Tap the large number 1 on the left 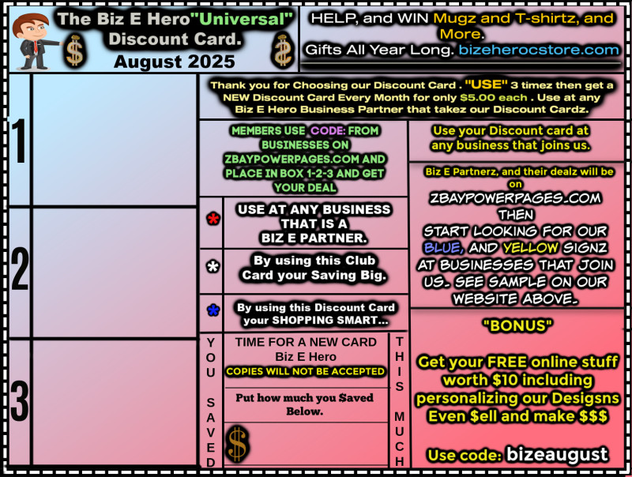18,142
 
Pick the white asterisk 213,267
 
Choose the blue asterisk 213,311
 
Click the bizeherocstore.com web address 540,50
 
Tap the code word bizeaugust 557,454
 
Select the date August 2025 174,61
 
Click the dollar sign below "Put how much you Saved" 236,443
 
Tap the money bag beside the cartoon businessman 74,51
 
